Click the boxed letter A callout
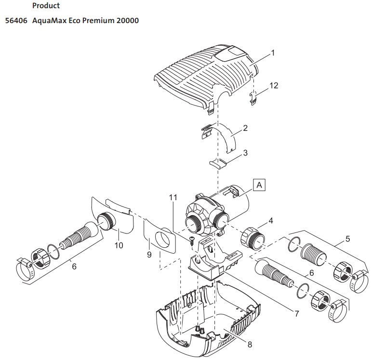(259, 185)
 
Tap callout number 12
(274, 85)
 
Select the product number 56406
(16, 21)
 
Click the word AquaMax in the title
(49, 21)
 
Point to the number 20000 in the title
(127, 21)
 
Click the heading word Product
(46, 5)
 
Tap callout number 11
(173, 197)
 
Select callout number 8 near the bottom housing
(250, 344)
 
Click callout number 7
(296, 313)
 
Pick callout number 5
(347, 239)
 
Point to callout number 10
(119, 245)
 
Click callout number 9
(149, 255)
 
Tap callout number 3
(245, 153)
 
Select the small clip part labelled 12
(253, 98)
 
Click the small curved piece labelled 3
(218, 164)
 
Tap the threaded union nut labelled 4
(252, 238)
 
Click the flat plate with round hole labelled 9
(159, 236)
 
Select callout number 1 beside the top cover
(273, 52)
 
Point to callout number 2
(245, 128)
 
